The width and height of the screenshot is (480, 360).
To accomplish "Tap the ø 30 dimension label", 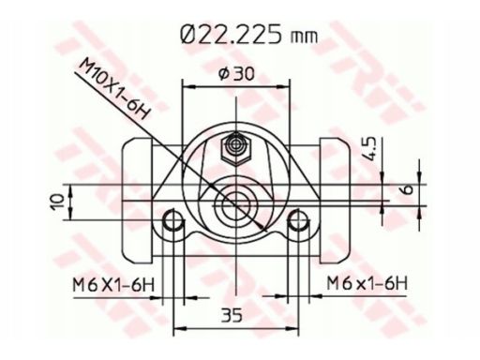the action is point(236,74).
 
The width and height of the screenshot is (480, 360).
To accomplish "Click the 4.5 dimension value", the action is point(370,149).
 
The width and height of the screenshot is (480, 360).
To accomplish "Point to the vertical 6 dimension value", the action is point(408,189).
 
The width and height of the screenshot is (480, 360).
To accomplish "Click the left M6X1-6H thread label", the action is point(113,284).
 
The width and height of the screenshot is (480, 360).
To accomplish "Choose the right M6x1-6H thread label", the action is point(367,283).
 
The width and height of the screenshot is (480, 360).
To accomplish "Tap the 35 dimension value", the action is point(232,315).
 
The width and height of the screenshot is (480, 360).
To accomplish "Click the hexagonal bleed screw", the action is point(236,149).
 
